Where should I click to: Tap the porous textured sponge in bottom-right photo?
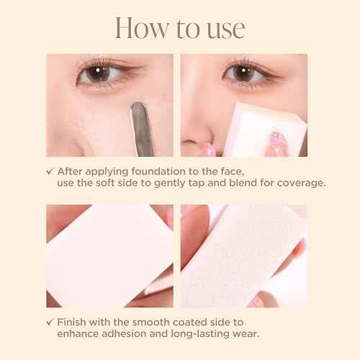click(x=252, y=248)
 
